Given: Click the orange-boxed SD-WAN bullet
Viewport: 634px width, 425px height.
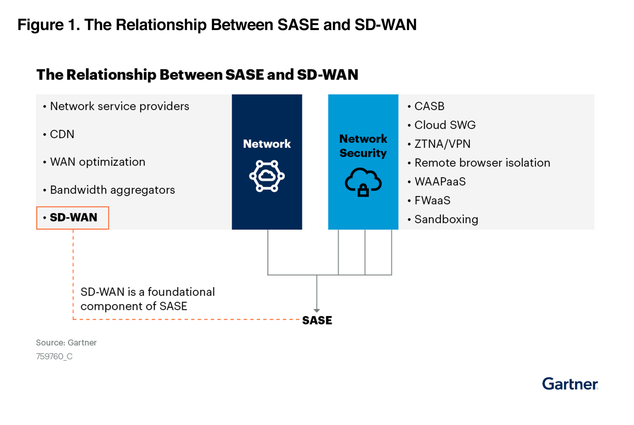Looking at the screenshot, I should [73, 218].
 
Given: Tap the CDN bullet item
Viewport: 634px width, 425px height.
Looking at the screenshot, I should [62, 134].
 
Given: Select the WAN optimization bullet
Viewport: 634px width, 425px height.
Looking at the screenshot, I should [98, 162].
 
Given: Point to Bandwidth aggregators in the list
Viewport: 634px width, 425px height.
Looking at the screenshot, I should [112, 190].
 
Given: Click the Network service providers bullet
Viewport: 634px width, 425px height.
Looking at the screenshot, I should [119, 106].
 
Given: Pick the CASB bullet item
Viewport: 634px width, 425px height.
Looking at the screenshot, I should [429, 106].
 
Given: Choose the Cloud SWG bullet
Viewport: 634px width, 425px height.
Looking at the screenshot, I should [445, 125].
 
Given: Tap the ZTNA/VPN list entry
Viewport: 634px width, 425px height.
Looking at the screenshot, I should [442, 144].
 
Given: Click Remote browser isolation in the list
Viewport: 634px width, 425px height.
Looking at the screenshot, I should [482, 163].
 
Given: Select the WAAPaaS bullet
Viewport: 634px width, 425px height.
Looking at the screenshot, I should [440, 182].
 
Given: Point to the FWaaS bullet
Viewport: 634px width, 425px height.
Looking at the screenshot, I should [432, 201].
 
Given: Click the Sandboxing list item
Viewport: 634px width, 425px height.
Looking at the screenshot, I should [446, 219].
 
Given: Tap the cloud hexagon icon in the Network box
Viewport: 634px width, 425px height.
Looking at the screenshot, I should [267, 176].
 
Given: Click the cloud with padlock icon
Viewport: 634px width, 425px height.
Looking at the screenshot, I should [363, 182].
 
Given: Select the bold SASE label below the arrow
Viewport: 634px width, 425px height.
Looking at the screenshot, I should [317, 320].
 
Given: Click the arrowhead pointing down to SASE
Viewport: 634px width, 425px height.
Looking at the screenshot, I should [316, 310].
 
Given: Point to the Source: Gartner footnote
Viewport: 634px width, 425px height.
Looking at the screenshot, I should [66, 343].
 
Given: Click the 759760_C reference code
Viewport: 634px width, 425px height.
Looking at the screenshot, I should [54, 356].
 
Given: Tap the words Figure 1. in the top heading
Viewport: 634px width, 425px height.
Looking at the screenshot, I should [49, 25].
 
